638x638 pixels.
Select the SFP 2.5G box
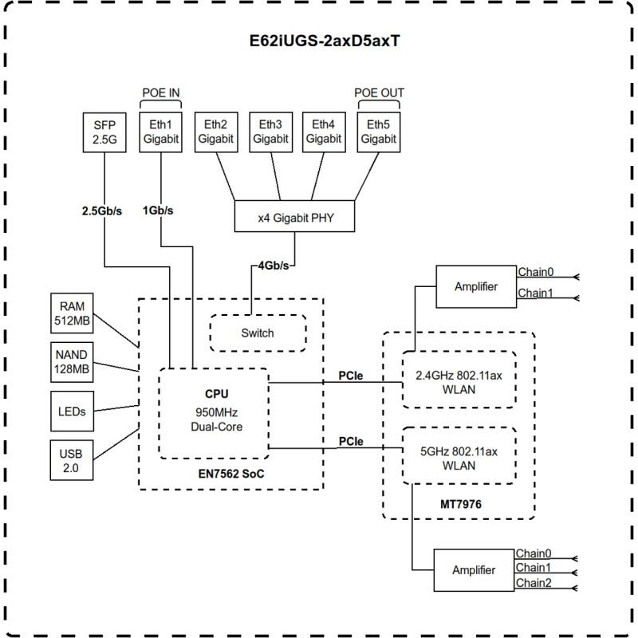[104, 132]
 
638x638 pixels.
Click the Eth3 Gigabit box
[270, 132]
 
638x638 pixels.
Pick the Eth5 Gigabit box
[379, 132]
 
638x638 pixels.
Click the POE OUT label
[379, 93]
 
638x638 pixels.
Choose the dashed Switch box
[258, 333]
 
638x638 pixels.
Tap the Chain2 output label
[534, 583]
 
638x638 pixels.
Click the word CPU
[217, 393]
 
